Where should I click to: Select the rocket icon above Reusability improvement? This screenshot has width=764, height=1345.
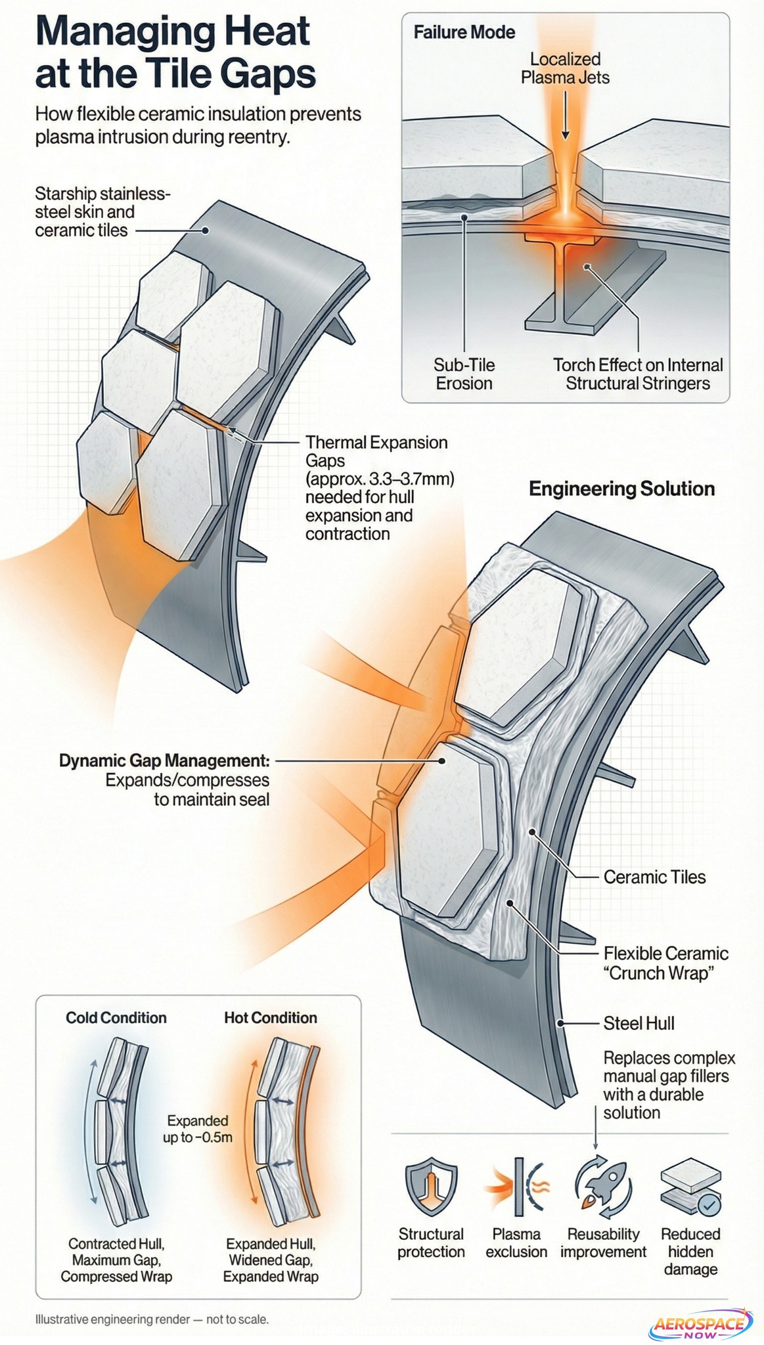click(602, 1188)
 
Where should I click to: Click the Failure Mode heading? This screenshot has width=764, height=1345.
click(464, 32)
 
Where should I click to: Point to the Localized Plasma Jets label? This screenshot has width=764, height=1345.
click(565, 68)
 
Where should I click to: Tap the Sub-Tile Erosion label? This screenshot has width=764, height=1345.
click(464, 374)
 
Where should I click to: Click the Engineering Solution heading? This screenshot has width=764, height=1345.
click(621, 489)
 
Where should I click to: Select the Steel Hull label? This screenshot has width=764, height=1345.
click(639, 1023)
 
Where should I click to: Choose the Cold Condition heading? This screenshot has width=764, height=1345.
click(116, 1017)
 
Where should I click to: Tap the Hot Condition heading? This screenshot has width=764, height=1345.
click(271, 1017)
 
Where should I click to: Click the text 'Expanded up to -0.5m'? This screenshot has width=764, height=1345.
click(198, 1129)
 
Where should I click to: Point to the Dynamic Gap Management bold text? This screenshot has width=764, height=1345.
click(164, 761)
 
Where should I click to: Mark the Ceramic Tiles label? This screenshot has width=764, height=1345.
click(654, 877)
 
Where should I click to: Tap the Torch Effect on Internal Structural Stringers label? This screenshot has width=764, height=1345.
click(638, 374)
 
